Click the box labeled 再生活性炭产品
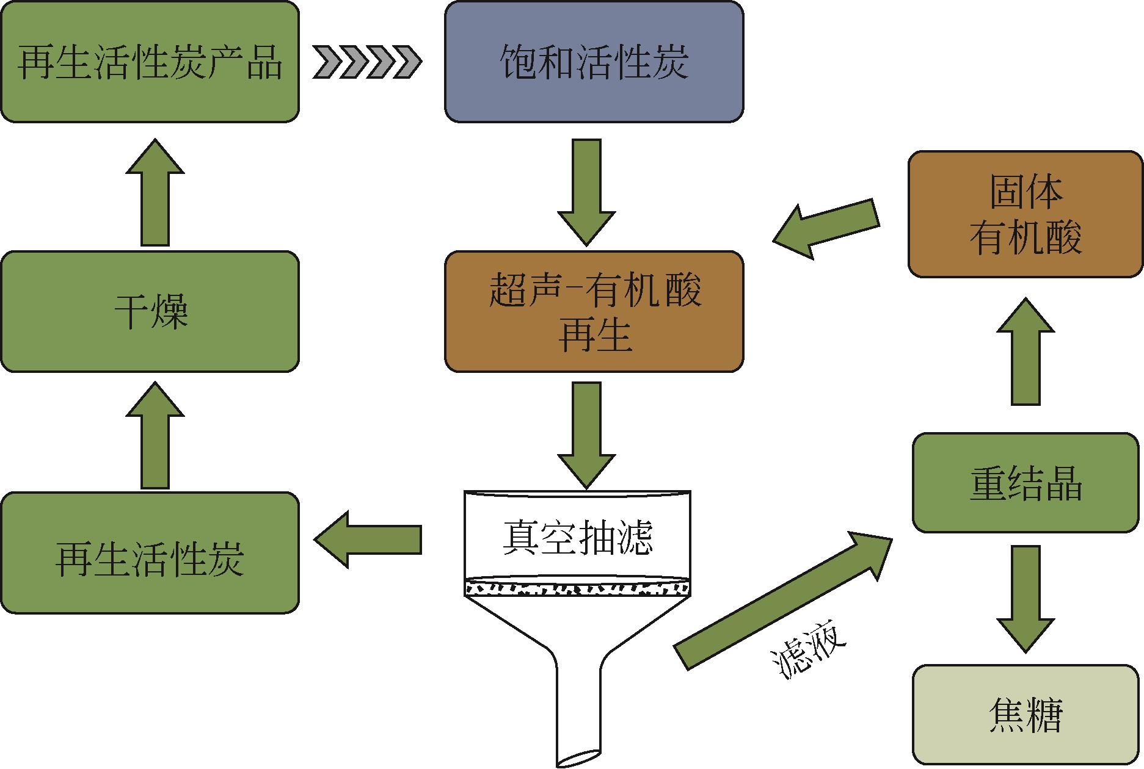pos(150,62)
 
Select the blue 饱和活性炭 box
pos(594,62)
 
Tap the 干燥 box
pos(150,311)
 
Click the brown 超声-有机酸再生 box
pos(594,311)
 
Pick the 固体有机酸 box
pos(1025,214)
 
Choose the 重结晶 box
pos(1025,482)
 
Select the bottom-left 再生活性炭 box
pos(150,552)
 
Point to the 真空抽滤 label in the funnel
pos(577,536)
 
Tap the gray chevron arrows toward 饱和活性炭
pos(367,62)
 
